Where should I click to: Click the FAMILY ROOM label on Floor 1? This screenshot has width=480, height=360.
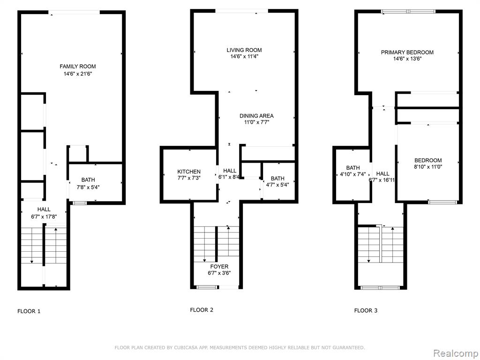click(x=78, y=67)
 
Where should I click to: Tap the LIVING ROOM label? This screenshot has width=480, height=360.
click(x=244, y=50)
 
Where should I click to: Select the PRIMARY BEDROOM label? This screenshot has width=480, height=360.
click(x=407, y=52)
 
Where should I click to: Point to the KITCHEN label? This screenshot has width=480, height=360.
click(x=189, y=172)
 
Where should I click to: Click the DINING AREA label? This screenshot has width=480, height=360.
click(x=256, y=116)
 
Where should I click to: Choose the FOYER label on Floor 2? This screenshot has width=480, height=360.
click(x=219, y=267)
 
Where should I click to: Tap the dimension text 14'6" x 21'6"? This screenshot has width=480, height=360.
click(x=78, y=74)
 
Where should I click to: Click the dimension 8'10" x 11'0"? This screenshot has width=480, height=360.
click(x=428, y=167)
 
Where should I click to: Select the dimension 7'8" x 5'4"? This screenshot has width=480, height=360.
click(x=88, y=187)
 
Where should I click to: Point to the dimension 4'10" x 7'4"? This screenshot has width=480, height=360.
click(x=353, y=174)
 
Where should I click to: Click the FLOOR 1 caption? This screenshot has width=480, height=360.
click(x=29, y=311)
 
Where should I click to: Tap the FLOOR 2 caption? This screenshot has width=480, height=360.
click(x=202, y=310)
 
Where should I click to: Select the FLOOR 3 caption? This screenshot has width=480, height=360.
click(x=366, y=310)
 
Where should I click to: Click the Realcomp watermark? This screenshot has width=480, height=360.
click(x=456, y=353)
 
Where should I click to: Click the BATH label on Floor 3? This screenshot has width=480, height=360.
click(x=353, y=168)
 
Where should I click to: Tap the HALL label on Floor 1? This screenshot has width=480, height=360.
click(x=44, y=210)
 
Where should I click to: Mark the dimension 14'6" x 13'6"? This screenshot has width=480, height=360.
click(x=407, y=59)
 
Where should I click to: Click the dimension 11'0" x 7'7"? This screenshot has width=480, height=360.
click(x=256, y=122)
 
